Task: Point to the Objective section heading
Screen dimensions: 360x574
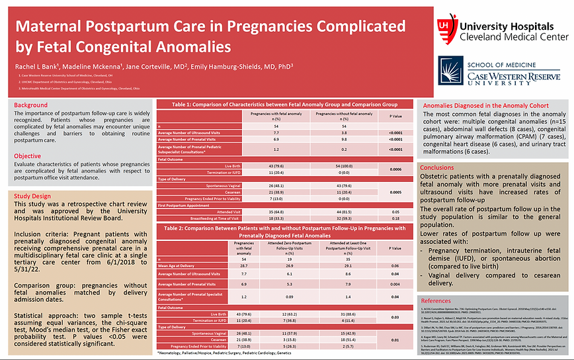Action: [x=28, y=138]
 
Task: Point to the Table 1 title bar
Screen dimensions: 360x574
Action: [x=284, y=105]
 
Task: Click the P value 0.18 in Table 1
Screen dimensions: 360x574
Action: [x=395, y=217]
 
